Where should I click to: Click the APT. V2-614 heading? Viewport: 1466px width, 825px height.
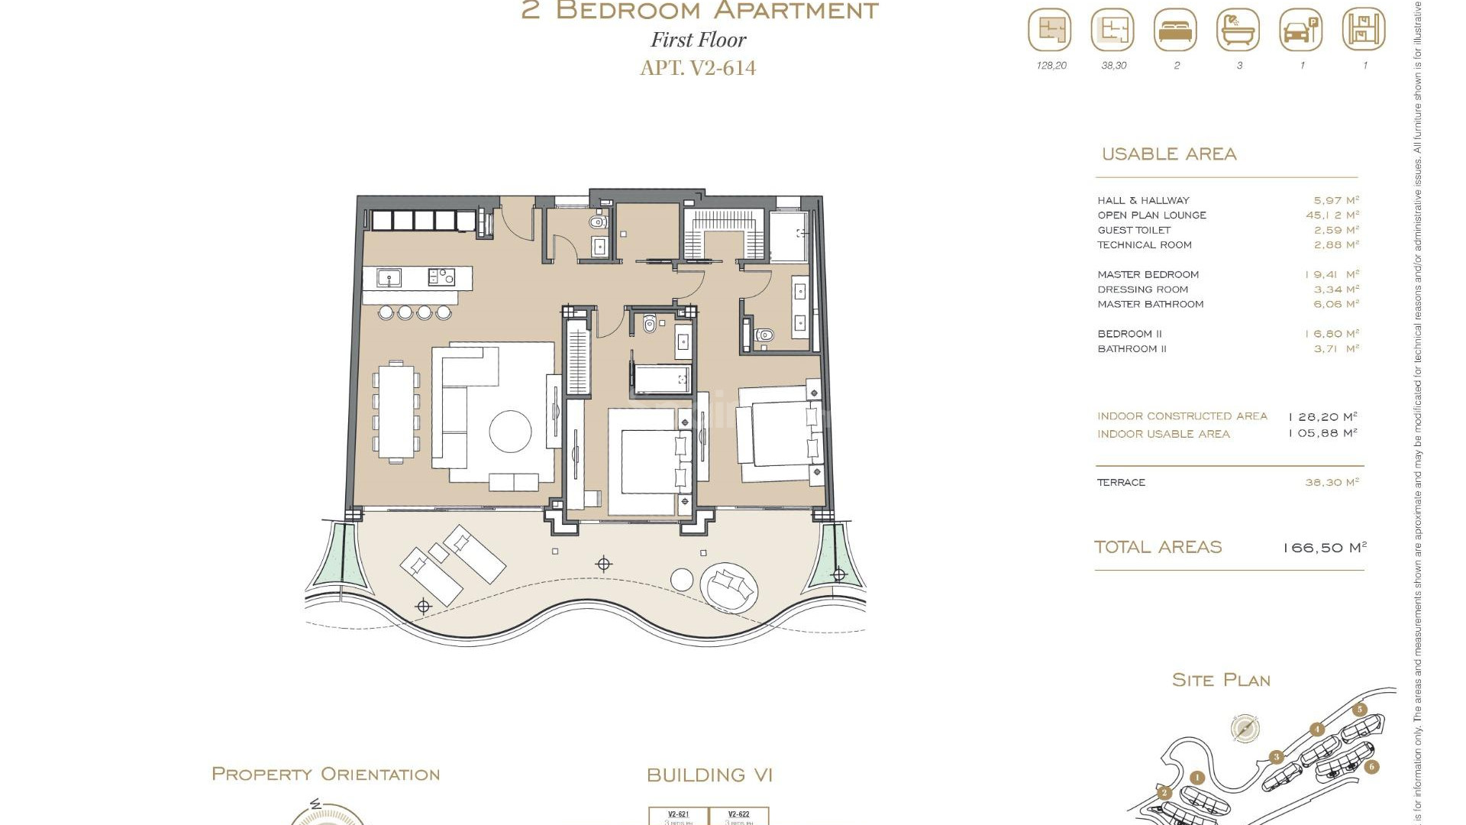[698, 67]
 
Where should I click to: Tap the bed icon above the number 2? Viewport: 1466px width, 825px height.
[1175, 31]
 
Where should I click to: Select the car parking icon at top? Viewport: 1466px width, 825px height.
[1300, 31]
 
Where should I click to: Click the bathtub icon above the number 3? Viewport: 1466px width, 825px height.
[1238, 31]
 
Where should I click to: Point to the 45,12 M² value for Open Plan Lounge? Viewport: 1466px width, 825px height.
[1332, 215]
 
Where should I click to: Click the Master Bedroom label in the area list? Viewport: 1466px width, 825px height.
[1148, 274]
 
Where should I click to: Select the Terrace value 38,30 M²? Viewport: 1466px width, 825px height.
[1332, 483]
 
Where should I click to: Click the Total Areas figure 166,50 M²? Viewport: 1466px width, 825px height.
[1324, 548]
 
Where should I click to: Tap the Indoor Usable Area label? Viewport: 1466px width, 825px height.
[1163, 434]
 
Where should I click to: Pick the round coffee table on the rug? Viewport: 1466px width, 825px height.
[510, 432]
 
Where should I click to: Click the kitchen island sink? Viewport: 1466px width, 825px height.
[389, 278]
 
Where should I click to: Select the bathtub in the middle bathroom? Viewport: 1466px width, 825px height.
[661, 379]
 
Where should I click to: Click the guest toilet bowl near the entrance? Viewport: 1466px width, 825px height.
[598, 223]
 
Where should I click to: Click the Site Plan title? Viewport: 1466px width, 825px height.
[1220, 680]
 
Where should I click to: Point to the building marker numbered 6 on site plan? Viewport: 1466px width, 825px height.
[1371, 766]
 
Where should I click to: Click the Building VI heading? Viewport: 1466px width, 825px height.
[709, 775]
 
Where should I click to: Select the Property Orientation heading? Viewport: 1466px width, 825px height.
[325, 774]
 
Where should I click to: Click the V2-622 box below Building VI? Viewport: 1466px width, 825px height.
[738, 816]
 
